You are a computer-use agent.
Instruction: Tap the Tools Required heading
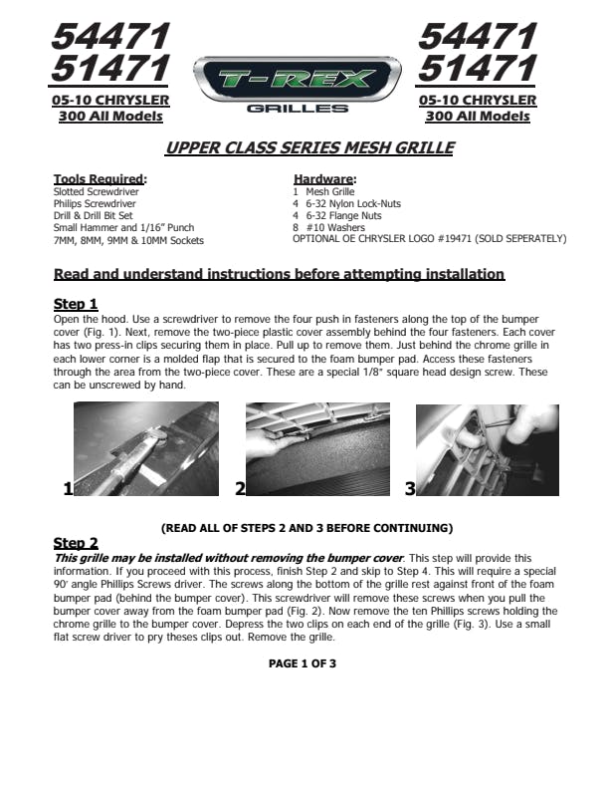[100, 179]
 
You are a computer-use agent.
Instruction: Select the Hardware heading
[324, 179]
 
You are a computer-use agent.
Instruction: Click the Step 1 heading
[75, 304]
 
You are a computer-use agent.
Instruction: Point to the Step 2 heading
[75, 543]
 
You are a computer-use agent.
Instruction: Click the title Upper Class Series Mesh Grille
[308, 148]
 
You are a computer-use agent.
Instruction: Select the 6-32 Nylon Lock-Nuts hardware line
[347, 203]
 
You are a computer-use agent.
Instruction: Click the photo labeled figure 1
[144, 448]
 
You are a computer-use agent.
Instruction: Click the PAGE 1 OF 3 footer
[303, 663]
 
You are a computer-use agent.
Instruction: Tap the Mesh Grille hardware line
[322, 191]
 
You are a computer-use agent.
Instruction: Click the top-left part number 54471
[109, 37]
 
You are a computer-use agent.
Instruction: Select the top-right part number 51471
[478, 70]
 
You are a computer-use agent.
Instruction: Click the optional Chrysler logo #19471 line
[429, 239]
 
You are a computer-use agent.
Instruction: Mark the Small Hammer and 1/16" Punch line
[123, 228]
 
